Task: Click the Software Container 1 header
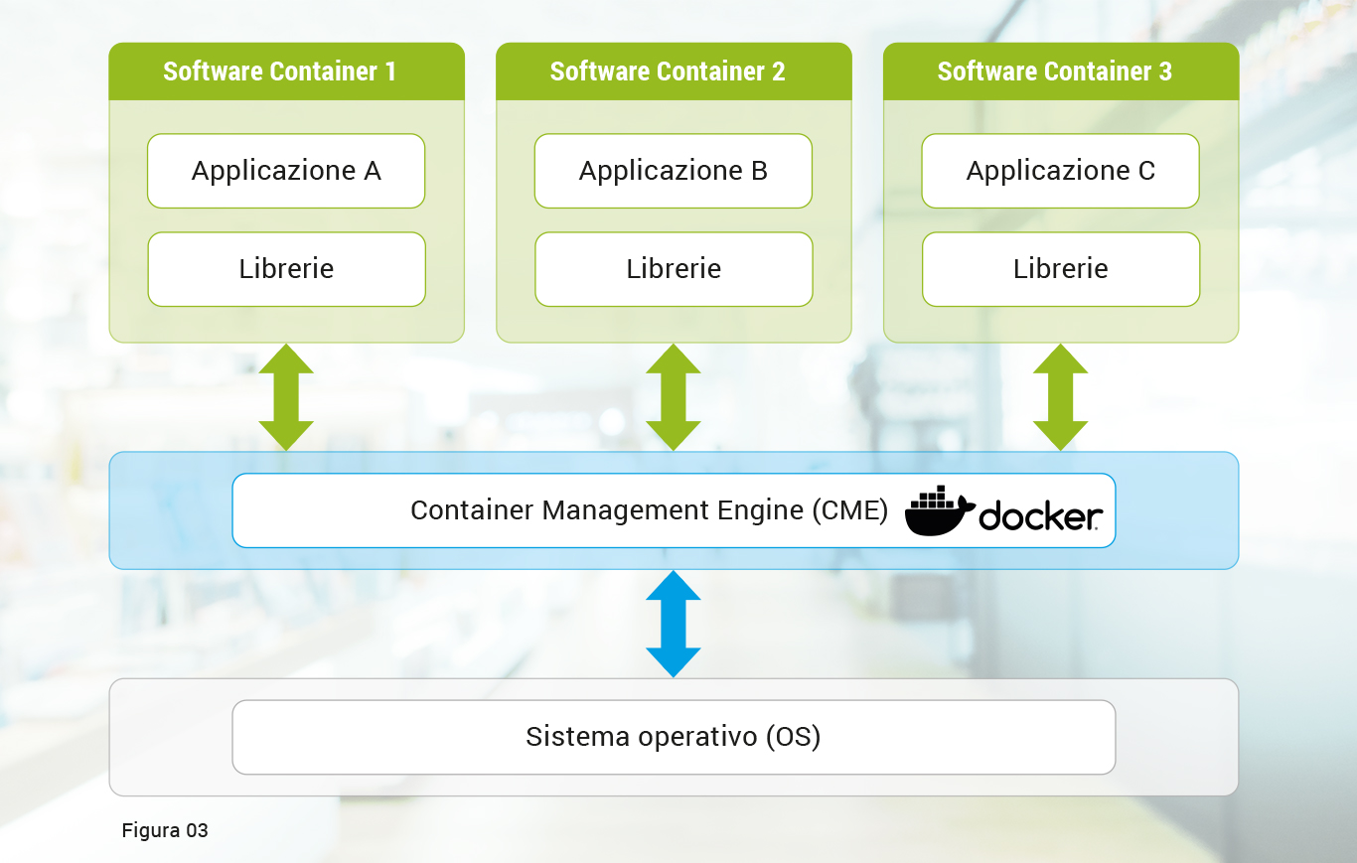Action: (x=286, y=72)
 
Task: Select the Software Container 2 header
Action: (x=674, y=72)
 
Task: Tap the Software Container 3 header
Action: (x=1061, y=72)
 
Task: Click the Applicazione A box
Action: (x=286, y=171)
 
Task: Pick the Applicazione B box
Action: (x=674, y=171)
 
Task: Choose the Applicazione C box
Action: (x=1061, y=171)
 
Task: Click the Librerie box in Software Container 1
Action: (x=286, y=269)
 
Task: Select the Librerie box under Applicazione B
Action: (x=674, y=269)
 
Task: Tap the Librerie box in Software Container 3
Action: (x=1061, y=269)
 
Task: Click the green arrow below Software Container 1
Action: (x=286, y=397)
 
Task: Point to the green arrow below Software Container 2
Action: (x=674, y=397)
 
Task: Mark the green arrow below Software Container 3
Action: (x=1061, y=397)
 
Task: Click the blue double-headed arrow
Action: (x=674, y=624)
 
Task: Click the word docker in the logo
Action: (x=1040, y=516)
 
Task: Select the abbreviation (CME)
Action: (x=849, y=510)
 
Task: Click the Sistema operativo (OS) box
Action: (x=674, y=737)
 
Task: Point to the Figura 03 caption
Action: (x=165, y=830)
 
